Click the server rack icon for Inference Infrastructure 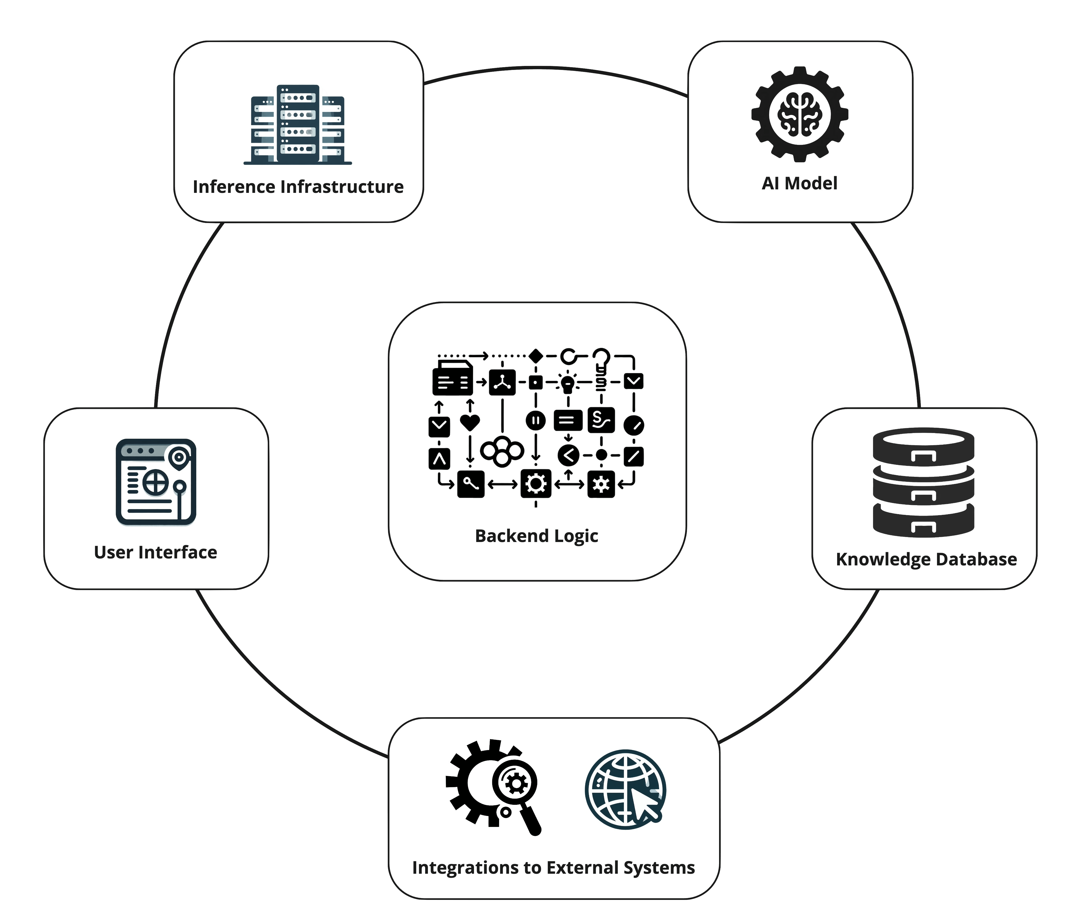point(298,125)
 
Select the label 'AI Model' point(800,183)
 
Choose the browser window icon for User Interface point(156,482)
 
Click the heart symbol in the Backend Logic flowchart point(470,423)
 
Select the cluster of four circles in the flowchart point(502,451)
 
